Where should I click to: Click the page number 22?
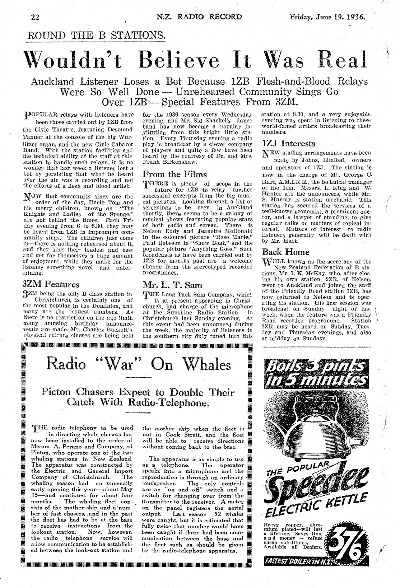[35, 17]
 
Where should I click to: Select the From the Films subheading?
[175, 174]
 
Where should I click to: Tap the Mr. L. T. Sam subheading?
[167, 285]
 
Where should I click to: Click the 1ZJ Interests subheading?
[289, 144]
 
